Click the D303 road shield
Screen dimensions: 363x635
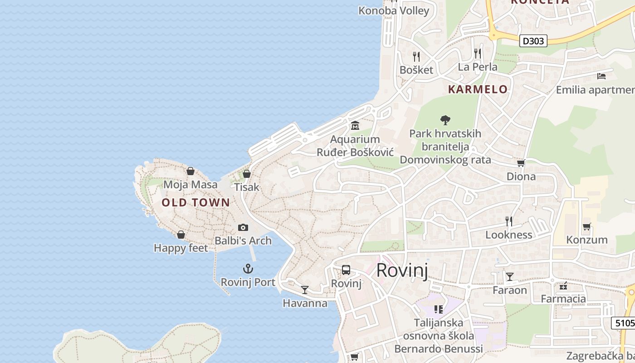(x=533, y=41)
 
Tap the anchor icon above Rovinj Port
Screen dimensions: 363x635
(x=248, y=269)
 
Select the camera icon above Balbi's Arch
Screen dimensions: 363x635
(x=243, y=227)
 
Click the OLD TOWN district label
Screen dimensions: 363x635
(x=196, y=203)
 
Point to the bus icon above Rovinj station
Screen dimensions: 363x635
(x=346, y=270)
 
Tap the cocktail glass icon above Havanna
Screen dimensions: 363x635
(x=305, y=289)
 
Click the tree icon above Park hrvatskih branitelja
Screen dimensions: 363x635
(x=445, y=120)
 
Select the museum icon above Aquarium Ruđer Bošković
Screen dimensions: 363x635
(x=355, y=125)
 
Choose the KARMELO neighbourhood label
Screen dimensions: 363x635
(x=478, y=89)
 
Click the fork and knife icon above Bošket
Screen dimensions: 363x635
(x=416, y=56)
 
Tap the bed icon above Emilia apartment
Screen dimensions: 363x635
(x=601, y=76)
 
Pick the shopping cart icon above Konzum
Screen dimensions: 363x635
(x=586, y=226)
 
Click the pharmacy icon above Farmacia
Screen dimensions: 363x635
(x=563, y=286)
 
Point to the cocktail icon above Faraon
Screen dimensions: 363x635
(x=510, y=276)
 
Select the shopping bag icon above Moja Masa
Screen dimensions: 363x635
(x=190, y=171)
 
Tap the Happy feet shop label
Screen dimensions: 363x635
(x=181, y=248)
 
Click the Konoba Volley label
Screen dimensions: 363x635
(x=394, y=10)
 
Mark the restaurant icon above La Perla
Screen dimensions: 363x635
(x=477, y=53)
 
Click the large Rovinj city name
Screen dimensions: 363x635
(x=402, y=270)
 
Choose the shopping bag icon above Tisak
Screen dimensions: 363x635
(x=247, y=173)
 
